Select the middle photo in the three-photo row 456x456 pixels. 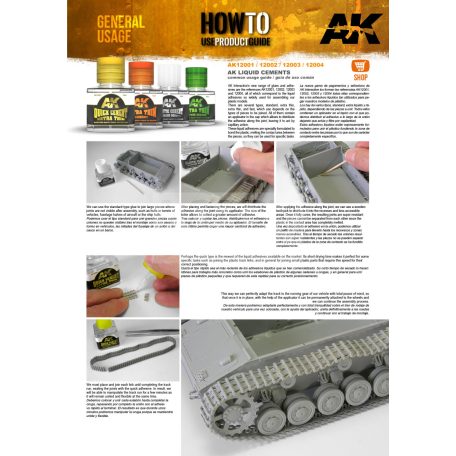click(227, 168)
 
